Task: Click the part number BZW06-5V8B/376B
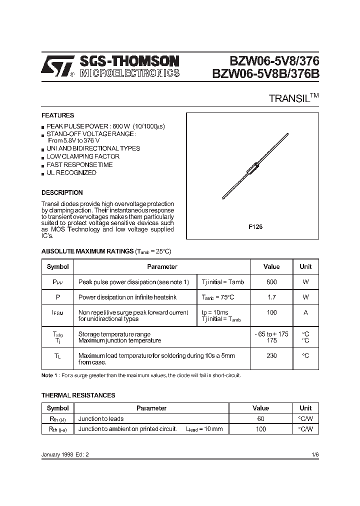(x=265, y=74)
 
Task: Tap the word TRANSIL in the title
(x=290, y=98)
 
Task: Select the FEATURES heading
(x=57, y=115)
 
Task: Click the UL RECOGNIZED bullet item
(x=71, y=173)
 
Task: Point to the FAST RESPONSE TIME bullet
(x=79, y=164)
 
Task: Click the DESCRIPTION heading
(x=62, y=192)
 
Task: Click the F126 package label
(x=255, y=226)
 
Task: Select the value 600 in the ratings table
(x=271, y=282)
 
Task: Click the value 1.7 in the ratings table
(x=271, y=297)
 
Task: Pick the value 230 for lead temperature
(x=271, y=356)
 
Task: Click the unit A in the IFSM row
(x=305, y=312)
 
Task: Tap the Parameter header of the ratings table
(x=162, y=267)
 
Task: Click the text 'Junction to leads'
(x=101, y=419)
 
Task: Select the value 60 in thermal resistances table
(x=260, y=419)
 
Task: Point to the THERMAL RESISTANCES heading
(x=78, y=395)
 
